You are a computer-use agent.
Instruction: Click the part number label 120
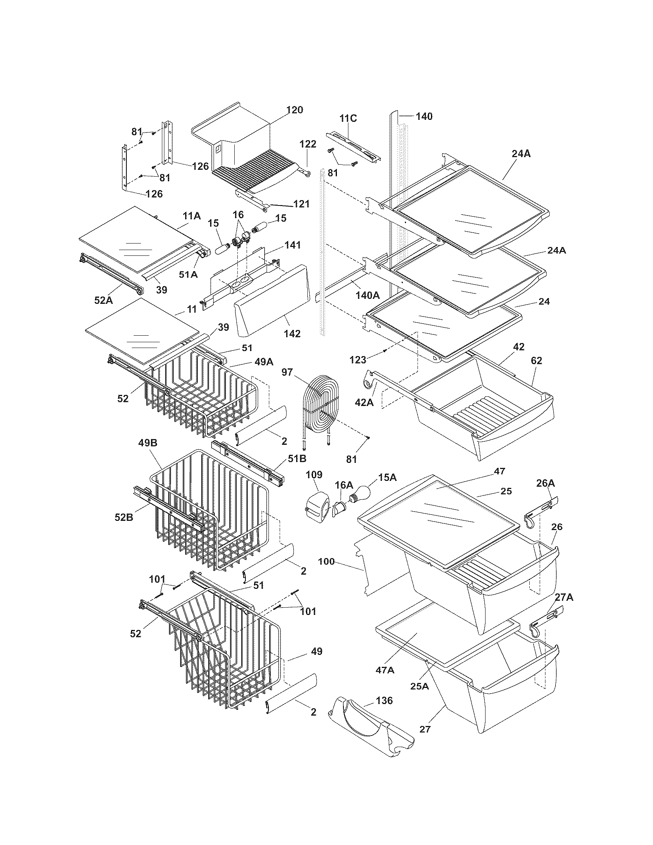(x=295, y=110)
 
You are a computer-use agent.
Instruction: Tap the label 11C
(x=348, y=118)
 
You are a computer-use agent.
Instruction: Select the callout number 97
(x=287, y=372)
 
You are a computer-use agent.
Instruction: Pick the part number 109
(x=314, y=474)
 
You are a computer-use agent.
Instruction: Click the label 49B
(x=148, y=442)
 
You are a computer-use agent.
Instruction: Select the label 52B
(x=124, y=517)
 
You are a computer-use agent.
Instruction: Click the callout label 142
(x=292, y=333)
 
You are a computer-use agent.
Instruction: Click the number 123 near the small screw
(x=358, y=360)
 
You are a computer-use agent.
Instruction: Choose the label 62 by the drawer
(x=537, y=361)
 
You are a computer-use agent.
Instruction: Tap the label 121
(x=301, y=204)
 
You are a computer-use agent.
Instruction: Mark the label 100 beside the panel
(x=326, y=561)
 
